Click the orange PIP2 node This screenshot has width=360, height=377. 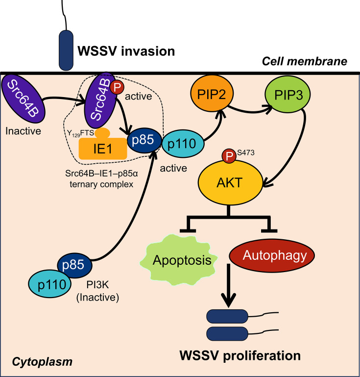pos(212,94)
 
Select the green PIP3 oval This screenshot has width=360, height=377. pos(288,94)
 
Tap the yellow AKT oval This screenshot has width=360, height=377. pos(230,182)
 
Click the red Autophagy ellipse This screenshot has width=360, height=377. pos(272,255)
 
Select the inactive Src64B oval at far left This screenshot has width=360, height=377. pos(23,99)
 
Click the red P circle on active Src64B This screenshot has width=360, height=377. pos(117,87)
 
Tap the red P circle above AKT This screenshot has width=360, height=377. pos(229,156)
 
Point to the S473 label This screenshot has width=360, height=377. pos(246,152)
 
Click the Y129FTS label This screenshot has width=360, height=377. pos(80,133)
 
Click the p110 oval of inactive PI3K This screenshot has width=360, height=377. pos(49,284)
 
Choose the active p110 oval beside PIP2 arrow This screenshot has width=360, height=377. pos(183,144)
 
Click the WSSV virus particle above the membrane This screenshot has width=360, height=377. pos(66,50)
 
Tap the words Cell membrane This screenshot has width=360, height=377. pos(304,61)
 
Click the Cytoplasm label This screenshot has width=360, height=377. pos(42,362)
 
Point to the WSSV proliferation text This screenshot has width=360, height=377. pos(240,355)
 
